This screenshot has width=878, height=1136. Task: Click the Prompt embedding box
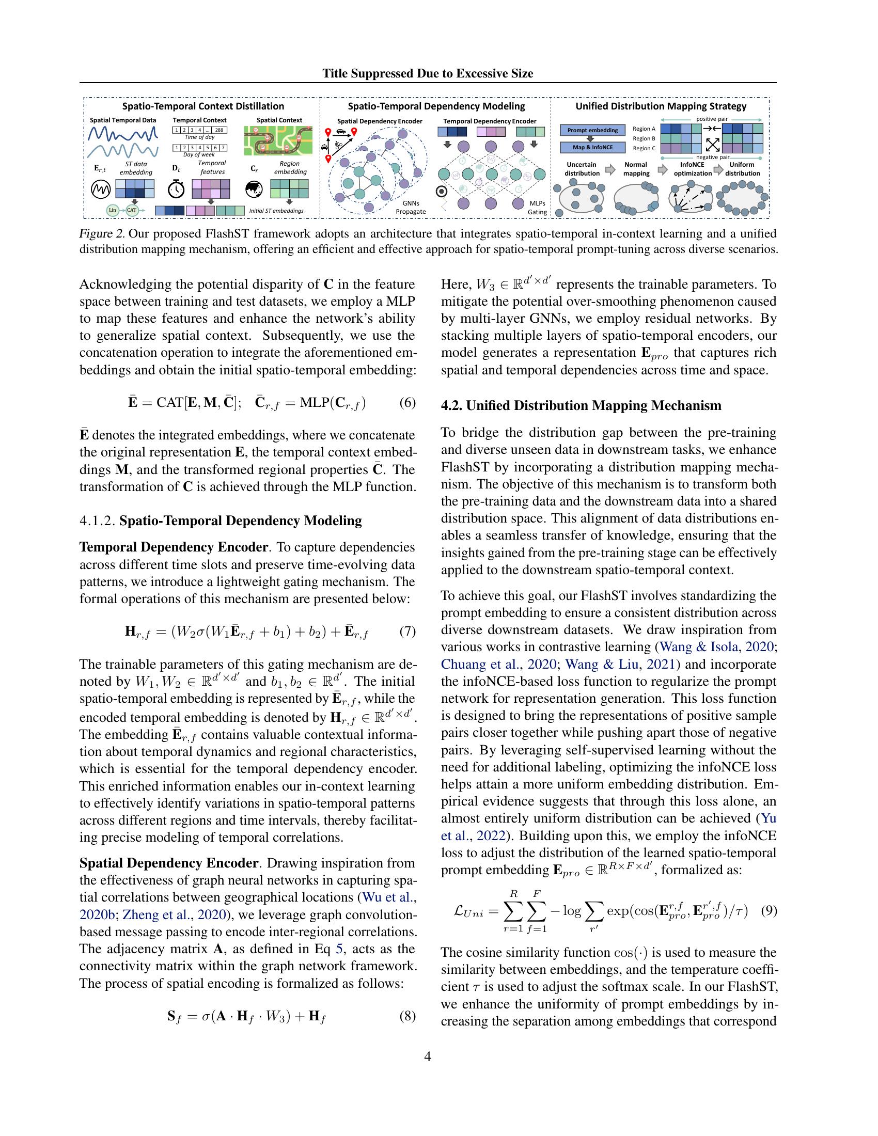pyautogui.click(x=592, y=130)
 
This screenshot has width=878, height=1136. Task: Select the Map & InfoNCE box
pyautogui.click(x=592, y=147)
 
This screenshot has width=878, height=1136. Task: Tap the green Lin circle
pyautogui.click(x=113, y=210)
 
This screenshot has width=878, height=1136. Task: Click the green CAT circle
pyautogui.click(x=132, y=210)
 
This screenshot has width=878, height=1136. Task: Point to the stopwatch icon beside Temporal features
pyautogui.click(x=176, y=189)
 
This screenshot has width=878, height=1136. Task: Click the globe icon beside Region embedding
pyautogui.click(x=254, y=189)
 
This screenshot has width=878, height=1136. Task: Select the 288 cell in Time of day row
pyautogui.click(x=218, y=130)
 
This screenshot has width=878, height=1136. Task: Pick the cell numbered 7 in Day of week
pyautogui.click(x=224, y=148)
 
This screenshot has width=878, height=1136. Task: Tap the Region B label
pyautogui.click(x=644, y=138)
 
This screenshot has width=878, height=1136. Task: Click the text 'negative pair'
pyautogui.click(x=712, y=157)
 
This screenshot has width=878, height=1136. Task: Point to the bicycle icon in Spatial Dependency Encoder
pyautogui.click(x=339, y=145)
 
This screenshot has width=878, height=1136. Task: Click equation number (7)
pyautogui.click(x=407, y=632)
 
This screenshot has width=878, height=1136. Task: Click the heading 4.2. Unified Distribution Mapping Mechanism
pyautogui.click(x=581, y=406)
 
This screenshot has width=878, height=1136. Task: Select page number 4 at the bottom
pyautogui.click(x=428, y=1056)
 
